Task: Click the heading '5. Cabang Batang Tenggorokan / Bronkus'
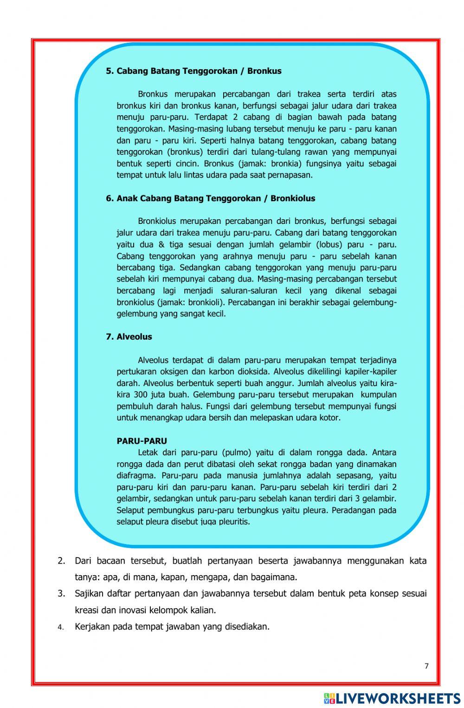click(193, 71)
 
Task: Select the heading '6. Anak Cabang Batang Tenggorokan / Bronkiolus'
click(210, 198)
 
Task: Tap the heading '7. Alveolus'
click(129, 337)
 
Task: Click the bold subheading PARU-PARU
click(142, 441)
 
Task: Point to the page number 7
click(426, 666)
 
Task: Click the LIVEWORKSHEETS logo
click(392, 698)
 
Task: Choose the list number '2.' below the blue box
click(61, 561)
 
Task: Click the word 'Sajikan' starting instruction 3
click(89, 594)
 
